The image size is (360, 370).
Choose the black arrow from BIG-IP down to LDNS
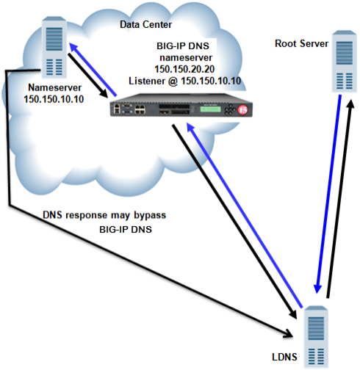(228, 213)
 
